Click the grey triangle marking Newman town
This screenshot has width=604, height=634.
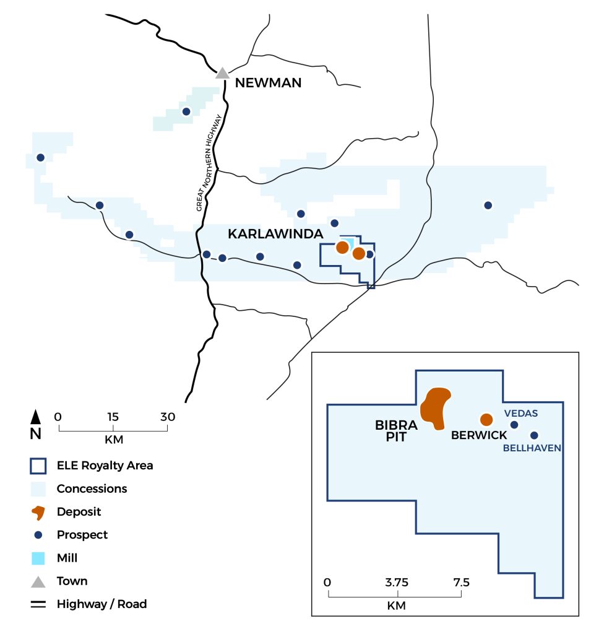pyautogui.click(x=222, y=73)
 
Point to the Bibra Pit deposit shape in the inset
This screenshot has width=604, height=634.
pyautogui.click(x=435, y=408)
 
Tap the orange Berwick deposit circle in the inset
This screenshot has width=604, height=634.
pyautogui.click(x=486, y=419)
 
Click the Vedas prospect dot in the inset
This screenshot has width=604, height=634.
pyautogui.click(x=514, y=425)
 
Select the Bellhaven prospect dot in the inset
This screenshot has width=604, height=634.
pyautogui.click(x=534, y=435)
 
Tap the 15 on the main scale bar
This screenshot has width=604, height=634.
pyautogui.click(x=113, y=417)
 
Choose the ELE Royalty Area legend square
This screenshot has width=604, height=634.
pyautogui.click(x=38, y=466)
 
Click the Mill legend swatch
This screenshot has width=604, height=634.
pyautogui.click(x=38, y=558)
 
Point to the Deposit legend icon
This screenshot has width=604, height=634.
pyautogui.click(x=38, y=512)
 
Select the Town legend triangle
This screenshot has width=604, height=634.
pyautogui.click(x=38, y=581)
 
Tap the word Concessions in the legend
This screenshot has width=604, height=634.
pyautogui.click(x=92, y=489)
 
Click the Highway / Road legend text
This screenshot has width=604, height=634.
pyautogui.click(x=101, y=604)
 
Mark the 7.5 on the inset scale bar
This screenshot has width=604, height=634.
pyautogui.click(x=461, y=582)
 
